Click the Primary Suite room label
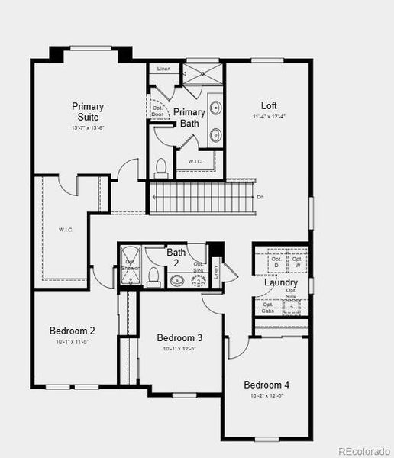[x=88, y=111]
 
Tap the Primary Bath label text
[x=189, y=118]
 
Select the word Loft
[x=269, y=106]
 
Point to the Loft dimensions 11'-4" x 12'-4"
[x=269, y=117]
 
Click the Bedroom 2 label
[x=73, y=331]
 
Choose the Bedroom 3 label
[x=179, y=337]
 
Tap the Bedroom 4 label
[x=266, y=385]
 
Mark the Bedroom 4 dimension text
[x=266, y=396]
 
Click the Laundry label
[x=281, y=283]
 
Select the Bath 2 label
[x=176, y=256]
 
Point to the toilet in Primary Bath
[x=161, y=166]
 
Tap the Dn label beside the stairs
[x=260, y=197]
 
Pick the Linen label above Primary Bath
[x=163, y=69]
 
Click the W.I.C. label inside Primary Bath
[x=195, y=162]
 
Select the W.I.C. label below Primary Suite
[x=66, y=228]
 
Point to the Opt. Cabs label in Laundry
[x=268, y=308]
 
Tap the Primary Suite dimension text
[x=88, y=128]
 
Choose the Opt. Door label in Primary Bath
[x=158, y=111]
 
